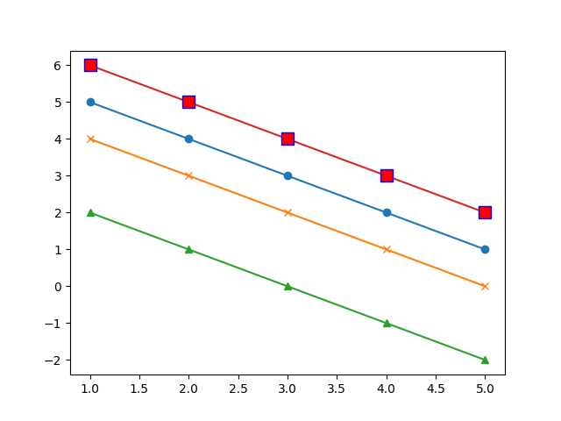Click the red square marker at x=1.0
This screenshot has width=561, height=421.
[x=90, y=66]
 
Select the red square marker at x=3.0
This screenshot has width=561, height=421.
[x=288, y=139]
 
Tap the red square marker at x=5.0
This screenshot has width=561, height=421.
[x=485, y=212]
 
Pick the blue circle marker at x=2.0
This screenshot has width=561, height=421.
[x=189, y=139]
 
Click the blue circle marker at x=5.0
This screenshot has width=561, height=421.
[x=485, y=249]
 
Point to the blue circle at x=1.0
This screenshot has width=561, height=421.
[x=90, y=102]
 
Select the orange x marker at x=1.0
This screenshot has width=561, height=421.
[x=90, y=139]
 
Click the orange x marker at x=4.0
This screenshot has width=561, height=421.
[x=387, y=249]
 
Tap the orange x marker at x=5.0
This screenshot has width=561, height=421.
[x=485, y=287]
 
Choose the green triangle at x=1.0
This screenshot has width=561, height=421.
[x=90, y=212]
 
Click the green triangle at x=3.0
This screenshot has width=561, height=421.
[x=288, y=287]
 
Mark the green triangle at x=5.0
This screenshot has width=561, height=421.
[x=485, y=360]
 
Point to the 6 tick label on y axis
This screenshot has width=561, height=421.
[x=58, y=66]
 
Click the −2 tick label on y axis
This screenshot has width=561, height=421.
[x=53, y=360]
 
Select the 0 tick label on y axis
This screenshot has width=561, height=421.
[x=58, y=287]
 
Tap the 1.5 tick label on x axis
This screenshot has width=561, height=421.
[x=139, y=389]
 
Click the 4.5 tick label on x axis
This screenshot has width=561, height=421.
[x=436, y=389]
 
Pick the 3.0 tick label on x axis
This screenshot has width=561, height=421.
[x=288, y=389]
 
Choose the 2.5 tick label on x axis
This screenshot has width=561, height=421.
[x=238, y=389]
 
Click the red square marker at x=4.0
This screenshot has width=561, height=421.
[x=387, y=175]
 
